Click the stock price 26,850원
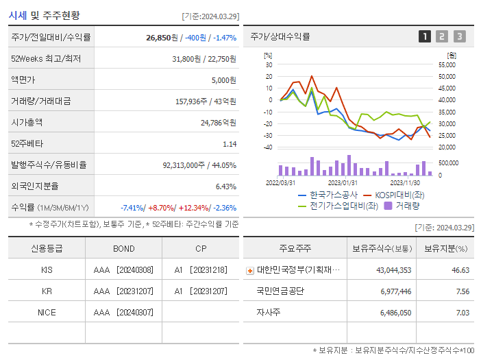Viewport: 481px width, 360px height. click(x=163, y=38)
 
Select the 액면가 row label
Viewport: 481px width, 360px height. click(x=23, y=80)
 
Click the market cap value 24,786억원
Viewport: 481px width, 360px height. click(x=219, y=123)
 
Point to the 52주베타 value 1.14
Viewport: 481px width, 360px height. click(x=230, y=144)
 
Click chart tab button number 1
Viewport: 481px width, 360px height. click(x=425, y=37)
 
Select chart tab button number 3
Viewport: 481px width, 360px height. click(x=459, y=37)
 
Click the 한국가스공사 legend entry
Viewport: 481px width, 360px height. click(x=329, y=195)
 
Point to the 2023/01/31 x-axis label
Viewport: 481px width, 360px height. click(x=343, y=183)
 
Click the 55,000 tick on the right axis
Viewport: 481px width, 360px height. click(x=446, y=64)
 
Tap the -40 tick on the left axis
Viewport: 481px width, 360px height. click(x=269, y=147)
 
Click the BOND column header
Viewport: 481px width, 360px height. click(x=124, y=249)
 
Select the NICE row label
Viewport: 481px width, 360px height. click(x=47, y=312)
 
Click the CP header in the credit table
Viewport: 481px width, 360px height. click(x=200, y=249)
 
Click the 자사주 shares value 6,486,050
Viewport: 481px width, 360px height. click(x=393, y=312)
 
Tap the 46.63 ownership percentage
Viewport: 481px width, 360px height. click(x=460, y=270)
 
